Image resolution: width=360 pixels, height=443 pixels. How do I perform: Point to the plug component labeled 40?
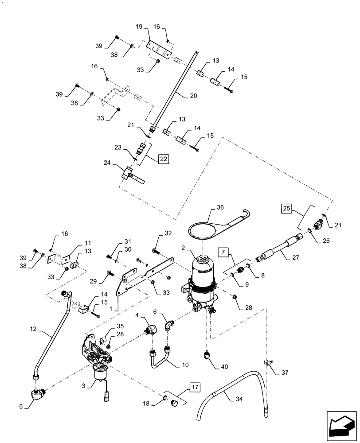[206, 355]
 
